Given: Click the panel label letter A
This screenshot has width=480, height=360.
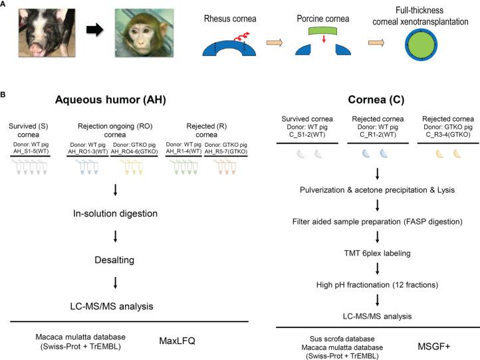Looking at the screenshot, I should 5,5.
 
